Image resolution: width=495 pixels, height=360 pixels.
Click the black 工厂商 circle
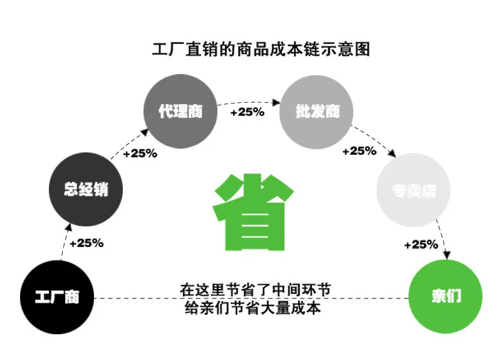click(x=56, y=296)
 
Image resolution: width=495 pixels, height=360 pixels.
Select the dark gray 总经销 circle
click(x=86, y=189)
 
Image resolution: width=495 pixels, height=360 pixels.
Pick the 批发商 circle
click(x=317, y=112)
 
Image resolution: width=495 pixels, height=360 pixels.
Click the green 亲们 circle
click(x=445, y=296)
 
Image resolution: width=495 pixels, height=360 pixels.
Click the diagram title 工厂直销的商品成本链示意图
click(x=261, y=49)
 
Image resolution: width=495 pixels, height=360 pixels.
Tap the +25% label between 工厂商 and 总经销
click(x=86, y=243)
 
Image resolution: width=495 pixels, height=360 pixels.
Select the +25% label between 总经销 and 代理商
click(x=140, y=153)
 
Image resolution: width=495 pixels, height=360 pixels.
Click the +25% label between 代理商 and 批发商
click(x=247, y=112)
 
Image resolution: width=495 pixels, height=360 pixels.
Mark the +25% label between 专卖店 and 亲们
click(x=421, y=244)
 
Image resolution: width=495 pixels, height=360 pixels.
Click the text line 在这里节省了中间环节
click(x=255, y=290)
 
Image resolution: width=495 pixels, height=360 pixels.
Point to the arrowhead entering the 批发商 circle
click(x=276, y=101)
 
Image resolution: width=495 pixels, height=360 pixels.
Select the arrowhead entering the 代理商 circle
click(x=148, y=132)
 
